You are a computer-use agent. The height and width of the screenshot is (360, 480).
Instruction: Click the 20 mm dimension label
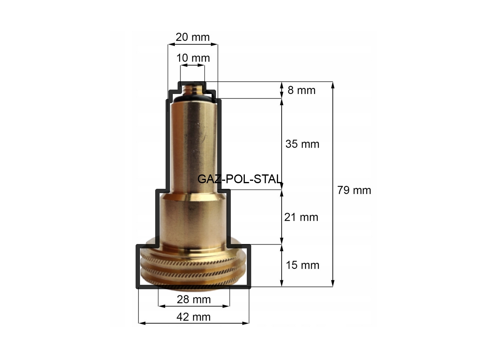click(192, 37)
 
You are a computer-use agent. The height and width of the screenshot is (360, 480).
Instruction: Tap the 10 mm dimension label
click(193, 58)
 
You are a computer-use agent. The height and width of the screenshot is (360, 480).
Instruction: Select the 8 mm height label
click(301, 90)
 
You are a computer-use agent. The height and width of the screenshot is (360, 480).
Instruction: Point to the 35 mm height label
click(302, 144)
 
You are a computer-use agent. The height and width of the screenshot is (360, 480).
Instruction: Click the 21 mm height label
click(301, 217)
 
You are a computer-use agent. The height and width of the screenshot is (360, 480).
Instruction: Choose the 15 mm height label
click(302, 265)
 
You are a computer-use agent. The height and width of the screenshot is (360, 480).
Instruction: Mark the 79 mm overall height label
click(354, 190)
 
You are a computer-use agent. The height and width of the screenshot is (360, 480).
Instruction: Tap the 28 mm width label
click(194, 300)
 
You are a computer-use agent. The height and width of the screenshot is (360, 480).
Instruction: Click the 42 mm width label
click(194, 317)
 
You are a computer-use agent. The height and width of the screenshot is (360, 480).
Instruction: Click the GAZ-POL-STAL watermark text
click(240, 179)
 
